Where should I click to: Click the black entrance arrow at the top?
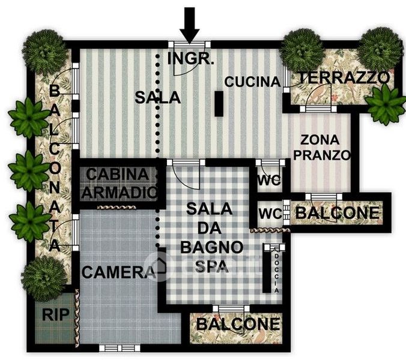click(190, 25)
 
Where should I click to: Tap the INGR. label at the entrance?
click(190, 59)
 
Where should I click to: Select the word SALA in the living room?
click(157, 97)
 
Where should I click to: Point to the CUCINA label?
click(252, 82)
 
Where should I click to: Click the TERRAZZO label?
click(344, 77)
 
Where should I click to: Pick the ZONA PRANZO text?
click(322, 148)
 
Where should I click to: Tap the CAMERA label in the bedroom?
click(118, 272)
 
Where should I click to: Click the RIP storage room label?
click(56, 315)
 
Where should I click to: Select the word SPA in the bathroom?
click(212, 266)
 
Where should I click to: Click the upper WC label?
click(269, 180)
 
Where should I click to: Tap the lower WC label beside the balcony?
click(271, 214)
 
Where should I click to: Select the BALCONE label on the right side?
click(338, 213)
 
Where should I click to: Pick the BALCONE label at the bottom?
click(238, 324)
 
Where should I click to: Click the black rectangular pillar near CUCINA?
click(219, 104)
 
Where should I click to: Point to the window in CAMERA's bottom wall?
click(120, 348)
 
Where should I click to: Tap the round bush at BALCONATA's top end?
click(45, 52)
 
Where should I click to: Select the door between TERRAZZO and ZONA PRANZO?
click(318, 97)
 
